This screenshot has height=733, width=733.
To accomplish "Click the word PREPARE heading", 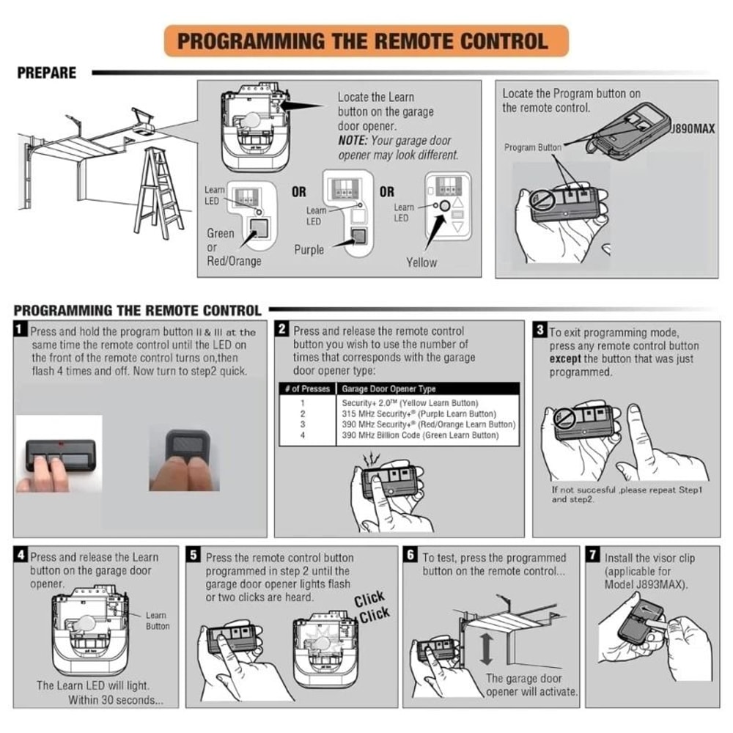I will coord(46,73).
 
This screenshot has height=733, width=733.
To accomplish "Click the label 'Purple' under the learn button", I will coord(309,250).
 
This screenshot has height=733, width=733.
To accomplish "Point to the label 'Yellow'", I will coord(421,262).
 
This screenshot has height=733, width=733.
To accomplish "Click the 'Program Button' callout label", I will coord(532,147).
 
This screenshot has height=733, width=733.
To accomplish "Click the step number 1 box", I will coord(21,331).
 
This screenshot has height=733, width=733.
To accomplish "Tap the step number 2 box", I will coord(282,331).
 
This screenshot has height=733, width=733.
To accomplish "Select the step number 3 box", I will coord(540,331).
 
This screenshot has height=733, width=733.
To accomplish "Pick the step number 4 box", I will coord(21,556).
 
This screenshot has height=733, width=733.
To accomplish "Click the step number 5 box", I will coord(193,556).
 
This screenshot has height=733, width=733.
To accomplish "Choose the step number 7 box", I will coord(592,556).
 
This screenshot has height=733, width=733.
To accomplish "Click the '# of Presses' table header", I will coord(306,389).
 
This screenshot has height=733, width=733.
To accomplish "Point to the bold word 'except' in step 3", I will coord(565,359).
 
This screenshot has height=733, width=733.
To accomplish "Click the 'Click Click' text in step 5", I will coord(372,608).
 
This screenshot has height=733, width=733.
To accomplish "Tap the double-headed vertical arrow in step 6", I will coord(486,649).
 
